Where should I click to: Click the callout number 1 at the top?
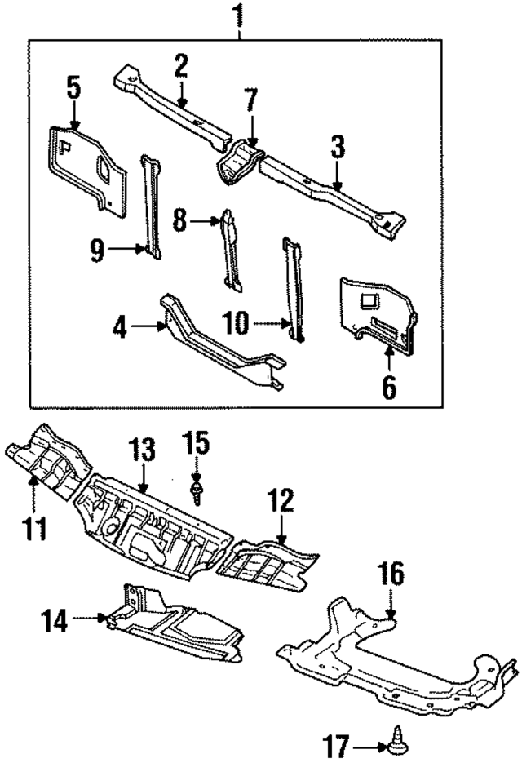click(x=238, y=15)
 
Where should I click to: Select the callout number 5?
click(x=74, y=87)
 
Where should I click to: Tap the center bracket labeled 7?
click(x=237, y=163)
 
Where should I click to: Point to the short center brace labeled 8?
click(x=232, y=249)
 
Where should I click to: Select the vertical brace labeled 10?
click(x=293, y=286)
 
